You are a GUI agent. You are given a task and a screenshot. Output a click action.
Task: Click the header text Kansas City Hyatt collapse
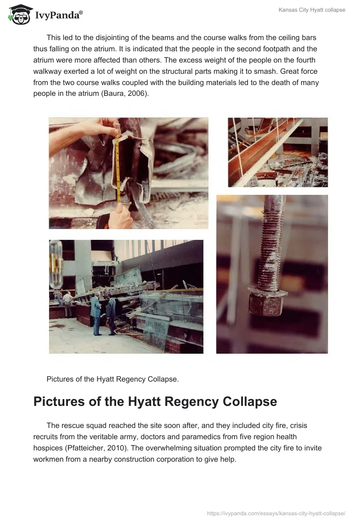click(x=312, y=10)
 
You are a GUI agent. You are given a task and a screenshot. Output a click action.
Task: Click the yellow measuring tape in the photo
click(x=117, y=163)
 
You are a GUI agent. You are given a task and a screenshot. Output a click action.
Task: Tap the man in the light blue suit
click(x=96, y=315)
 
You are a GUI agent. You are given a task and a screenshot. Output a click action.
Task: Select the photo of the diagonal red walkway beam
click(x=278, y=152)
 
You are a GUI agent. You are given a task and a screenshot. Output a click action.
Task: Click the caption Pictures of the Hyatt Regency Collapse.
click(x=112, y=379)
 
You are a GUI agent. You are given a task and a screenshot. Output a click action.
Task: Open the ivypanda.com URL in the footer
click(x=276, y=513)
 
